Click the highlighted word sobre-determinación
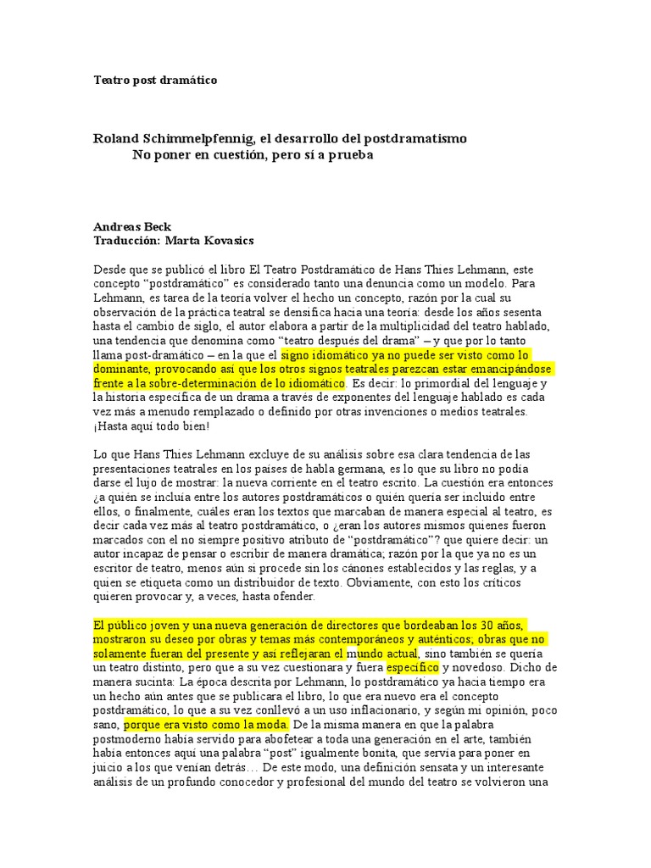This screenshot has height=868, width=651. tap(206, 383)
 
